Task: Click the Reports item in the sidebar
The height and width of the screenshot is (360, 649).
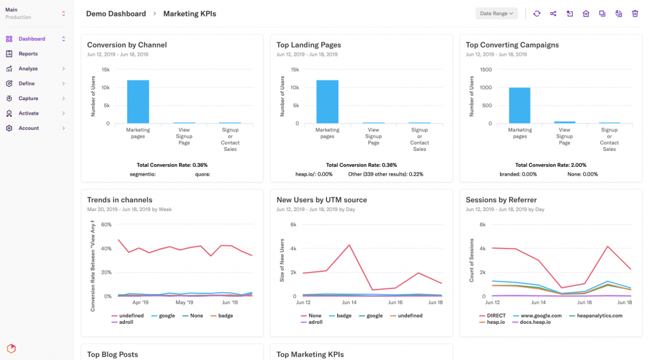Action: [28, 54]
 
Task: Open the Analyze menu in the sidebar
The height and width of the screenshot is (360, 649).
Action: [28, 68]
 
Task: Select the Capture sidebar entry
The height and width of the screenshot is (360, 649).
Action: [28, 98]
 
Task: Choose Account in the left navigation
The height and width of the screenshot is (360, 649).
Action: [29, 128]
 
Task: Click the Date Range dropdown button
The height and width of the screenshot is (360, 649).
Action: [496, 13]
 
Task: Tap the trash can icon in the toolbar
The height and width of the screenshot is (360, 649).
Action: [634, 13]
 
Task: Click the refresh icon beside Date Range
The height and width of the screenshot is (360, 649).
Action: [536, 13]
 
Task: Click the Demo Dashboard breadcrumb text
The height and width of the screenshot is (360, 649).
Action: [116, 13]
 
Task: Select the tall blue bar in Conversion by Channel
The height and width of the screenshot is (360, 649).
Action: [138, 101]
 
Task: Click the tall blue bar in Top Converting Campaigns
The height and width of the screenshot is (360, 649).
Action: [519, 105]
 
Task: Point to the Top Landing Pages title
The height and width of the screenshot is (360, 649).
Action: [309, 45]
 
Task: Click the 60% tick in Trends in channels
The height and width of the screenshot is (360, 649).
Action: [106, 224]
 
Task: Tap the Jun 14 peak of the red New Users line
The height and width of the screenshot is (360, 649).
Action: [349, 245]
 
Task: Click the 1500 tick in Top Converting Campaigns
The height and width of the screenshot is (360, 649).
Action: [485, 70]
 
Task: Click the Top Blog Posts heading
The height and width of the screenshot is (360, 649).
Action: [112, 354]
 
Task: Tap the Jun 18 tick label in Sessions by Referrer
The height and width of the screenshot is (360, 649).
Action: [624, 303]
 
